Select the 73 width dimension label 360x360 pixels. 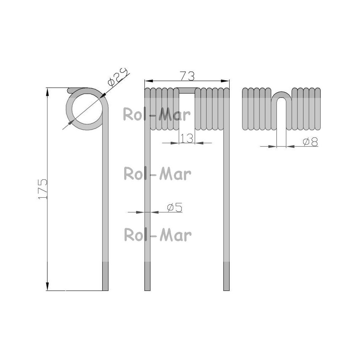pyautogui.click(x=187, y=76)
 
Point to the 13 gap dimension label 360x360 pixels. pyautogui.click(x=187, y=138)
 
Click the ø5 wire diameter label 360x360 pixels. pyautogui.click(x=175, y=208)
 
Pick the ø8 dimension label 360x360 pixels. pyautogui.click(x=310, y=142)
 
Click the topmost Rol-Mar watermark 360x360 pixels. pyautogui.click(x=157, y=114)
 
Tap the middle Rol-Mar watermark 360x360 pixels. pyautogui.click(x=157, y=174)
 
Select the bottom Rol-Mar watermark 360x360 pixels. pyautogui.click(x=158, y=235)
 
